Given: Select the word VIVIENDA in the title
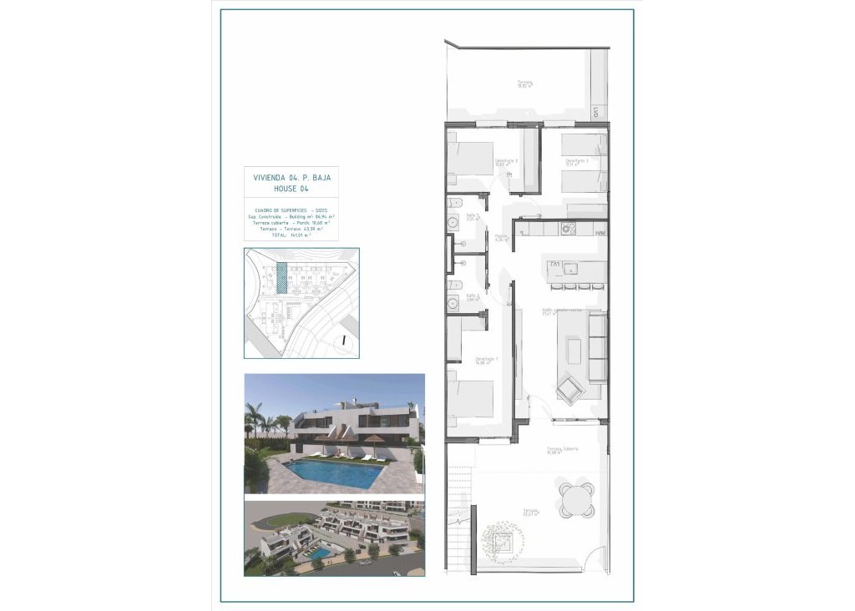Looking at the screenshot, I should (269, 178).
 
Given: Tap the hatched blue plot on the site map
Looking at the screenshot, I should (282, 276).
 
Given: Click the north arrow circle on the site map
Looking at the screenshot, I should (344, 340).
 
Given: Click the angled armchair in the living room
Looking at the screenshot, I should (572, 389).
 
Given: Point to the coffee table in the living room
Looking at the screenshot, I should (574, 350).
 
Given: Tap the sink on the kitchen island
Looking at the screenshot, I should (572, 269).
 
